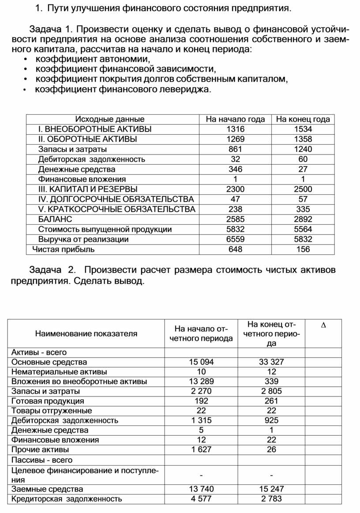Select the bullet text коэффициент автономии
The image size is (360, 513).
tap(93, 59)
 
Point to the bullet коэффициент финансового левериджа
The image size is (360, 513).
tap(123, 90)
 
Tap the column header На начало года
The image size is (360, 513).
tap(236, 119)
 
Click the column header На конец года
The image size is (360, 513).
tap(303, 119)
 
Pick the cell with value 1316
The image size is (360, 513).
tap(235, 129)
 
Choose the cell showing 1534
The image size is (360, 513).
tap(303, 129)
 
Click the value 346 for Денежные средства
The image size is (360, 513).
tap(235, 169)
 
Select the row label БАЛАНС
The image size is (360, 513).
tap(55, 219)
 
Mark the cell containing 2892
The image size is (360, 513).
tap(303, 219)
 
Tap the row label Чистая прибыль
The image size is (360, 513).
tap(64, 249)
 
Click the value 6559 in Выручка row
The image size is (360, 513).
tap(235, 239)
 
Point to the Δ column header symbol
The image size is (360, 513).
tap(323, 325)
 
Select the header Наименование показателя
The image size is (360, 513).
tap(86, 334)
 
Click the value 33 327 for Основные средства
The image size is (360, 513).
tap(271, 362)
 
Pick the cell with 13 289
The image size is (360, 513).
tap(201, 381)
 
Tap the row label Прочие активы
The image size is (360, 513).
tap(40, 449)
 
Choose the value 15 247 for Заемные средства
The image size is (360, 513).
tap(271, 489)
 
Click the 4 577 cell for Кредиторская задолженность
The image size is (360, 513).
tap(201, 499)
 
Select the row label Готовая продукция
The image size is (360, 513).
tap(48, 401)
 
